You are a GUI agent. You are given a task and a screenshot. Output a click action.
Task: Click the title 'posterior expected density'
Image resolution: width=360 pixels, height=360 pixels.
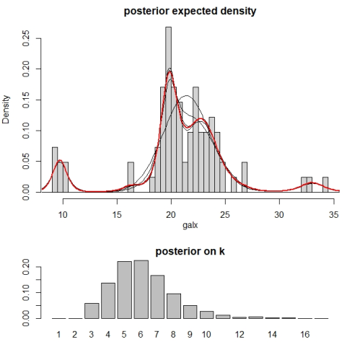click(190, 12)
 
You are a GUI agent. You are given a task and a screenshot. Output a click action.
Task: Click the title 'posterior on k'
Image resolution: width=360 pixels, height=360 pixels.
click(190, 251)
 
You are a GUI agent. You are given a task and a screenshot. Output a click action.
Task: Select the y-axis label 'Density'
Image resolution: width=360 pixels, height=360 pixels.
click(6, 110)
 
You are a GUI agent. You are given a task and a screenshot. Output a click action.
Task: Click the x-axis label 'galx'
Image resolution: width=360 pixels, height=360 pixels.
click(190, 225)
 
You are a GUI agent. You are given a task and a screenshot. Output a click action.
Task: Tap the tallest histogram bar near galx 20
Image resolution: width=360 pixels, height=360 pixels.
click(168, 110)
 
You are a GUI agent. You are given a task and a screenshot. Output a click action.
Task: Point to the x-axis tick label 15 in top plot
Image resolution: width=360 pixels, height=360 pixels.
click(117, 214)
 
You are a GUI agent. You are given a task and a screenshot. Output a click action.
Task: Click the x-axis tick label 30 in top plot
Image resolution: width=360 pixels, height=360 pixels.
click(279, 214)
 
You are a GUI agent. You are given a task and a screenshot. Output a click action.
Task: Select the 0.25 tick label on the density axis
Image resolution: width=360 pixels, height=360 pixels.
click(25, 38)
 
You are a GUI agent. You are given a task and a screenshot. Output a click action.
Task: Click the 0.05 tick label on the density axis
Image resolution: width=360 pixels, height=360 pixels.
click(25, 162)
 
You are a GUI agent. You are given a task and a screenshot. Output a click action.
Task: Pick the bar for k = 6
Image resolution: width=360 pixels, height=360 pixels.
click(141, 289)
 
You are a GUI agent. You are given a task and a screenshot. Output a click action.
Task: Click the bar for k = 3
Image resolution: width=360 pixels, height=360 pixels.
click(92, 311)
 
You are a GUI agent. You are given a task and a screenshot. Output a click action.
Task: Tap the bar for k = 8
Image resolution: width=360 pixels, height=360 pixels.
click(174, 306)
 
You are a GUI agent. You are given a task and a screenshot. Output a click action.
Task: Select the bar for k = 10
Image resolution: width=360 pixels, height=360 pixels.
click(207, 315)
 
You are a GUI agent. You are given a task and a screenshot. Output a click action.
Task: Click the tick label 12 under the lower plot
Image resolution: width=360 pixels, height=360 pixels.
click(240, 335)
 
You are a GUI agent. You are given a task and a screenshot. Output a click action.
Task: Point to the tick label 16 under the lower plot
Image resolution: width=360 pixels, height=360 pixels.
click(305, 335)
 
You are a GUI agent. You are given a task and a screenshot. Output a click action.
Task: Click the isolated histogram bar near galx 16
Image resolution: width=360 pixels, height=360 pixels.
click(131, 177)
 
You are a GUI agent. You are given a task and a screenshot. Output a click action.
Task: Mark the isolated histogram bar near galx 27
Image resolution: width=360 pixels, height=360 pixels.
click(245, 177)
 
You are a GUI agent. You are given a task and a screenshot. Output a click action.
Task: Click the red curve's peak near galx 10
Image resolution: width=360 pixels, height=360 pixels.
click(60, 160)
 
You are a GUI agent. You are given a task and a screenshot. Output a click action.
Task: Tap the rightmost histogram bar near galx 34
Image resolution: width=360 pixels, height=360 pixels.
click(325, 185)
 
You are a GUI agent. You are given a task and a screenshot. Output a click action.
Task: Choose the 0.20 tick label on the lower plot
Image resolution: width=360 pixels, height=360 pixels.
click(25, 267)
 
